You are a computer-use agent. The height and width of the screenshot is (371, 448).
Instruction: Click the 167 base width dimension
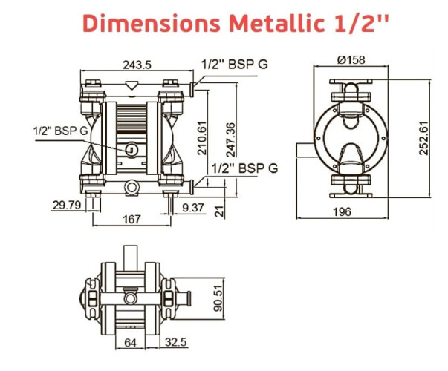(132, 220)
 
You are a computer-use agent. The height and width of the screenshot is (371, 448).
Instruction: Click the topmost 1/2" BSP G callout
(234, 64)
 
